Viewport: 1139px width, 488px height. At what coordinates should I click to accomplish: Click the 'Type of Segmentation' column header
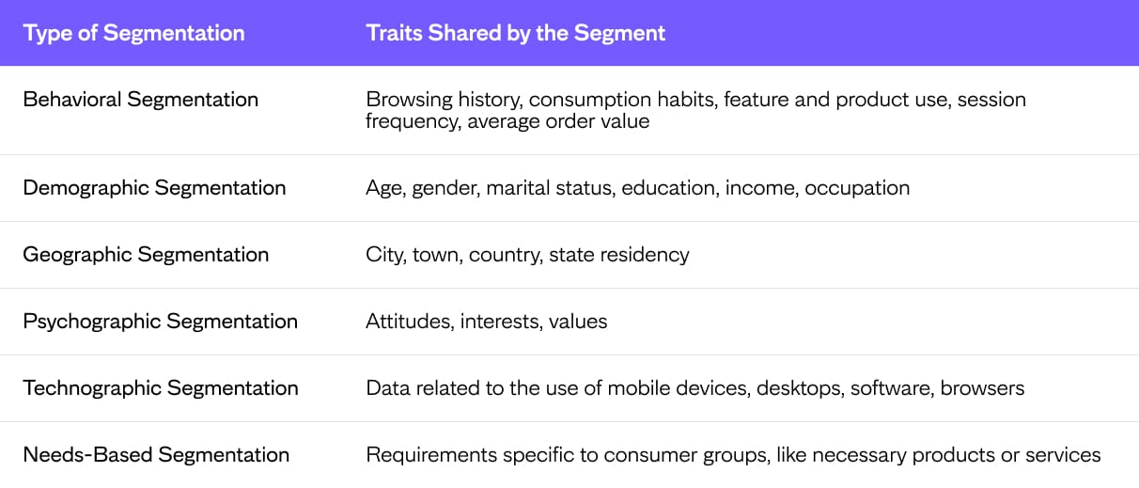pyautogui.click(x=133, y=34)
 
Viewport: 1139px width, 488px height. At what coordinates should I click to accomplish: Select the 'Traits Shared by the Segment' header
pyautogui.click(x=515, y=34)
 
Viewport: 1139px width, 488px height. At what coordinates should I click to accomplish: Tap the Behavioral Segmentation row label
pyautogui.click(x=140, y=100)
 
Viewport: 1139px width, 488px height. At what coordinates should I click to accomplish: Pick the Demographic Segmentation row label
pyautogui.click(x=154, y=188)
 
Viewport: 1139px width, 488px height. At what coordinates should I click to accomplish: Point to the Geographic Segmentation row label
pyautogui.click(x=146, y=255)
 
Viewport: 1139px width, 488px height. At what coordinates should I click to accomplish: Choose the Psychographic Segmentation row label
pyautogui.click(x=160, y=322)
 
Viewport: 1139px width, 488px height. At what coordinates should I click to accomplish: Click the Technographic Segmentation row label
pyautogui.click(x=161, y=388)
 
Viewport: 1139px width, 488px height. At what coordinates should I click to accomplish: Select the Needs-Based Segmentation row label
pyautogui.click(x=156, y=455)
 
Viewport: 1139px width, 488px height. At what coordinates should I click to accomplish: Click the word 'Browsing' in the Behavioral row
pyautogui.click(x=410, y=100)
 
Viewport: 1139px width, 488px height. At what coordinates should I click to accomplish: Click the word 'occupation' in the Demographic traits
pyautogui.click(x=857, y=188)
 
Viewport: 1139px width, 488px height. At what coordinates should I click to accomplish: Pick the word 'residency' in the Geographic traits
pyautogui.click(x=645, y=255)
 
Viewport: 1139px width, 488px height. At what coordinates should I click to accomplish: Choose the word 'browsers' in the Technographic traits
pyautogui.click(x=982, y=388)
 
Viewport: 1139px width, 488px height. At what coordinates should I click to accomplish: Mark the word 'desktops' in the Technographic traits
pyautogui.click(x=801, y=388)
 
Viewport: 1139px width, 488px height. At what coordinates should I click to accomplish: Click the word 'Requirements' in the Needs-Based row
pyautogui.click(x=431, y=455)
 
